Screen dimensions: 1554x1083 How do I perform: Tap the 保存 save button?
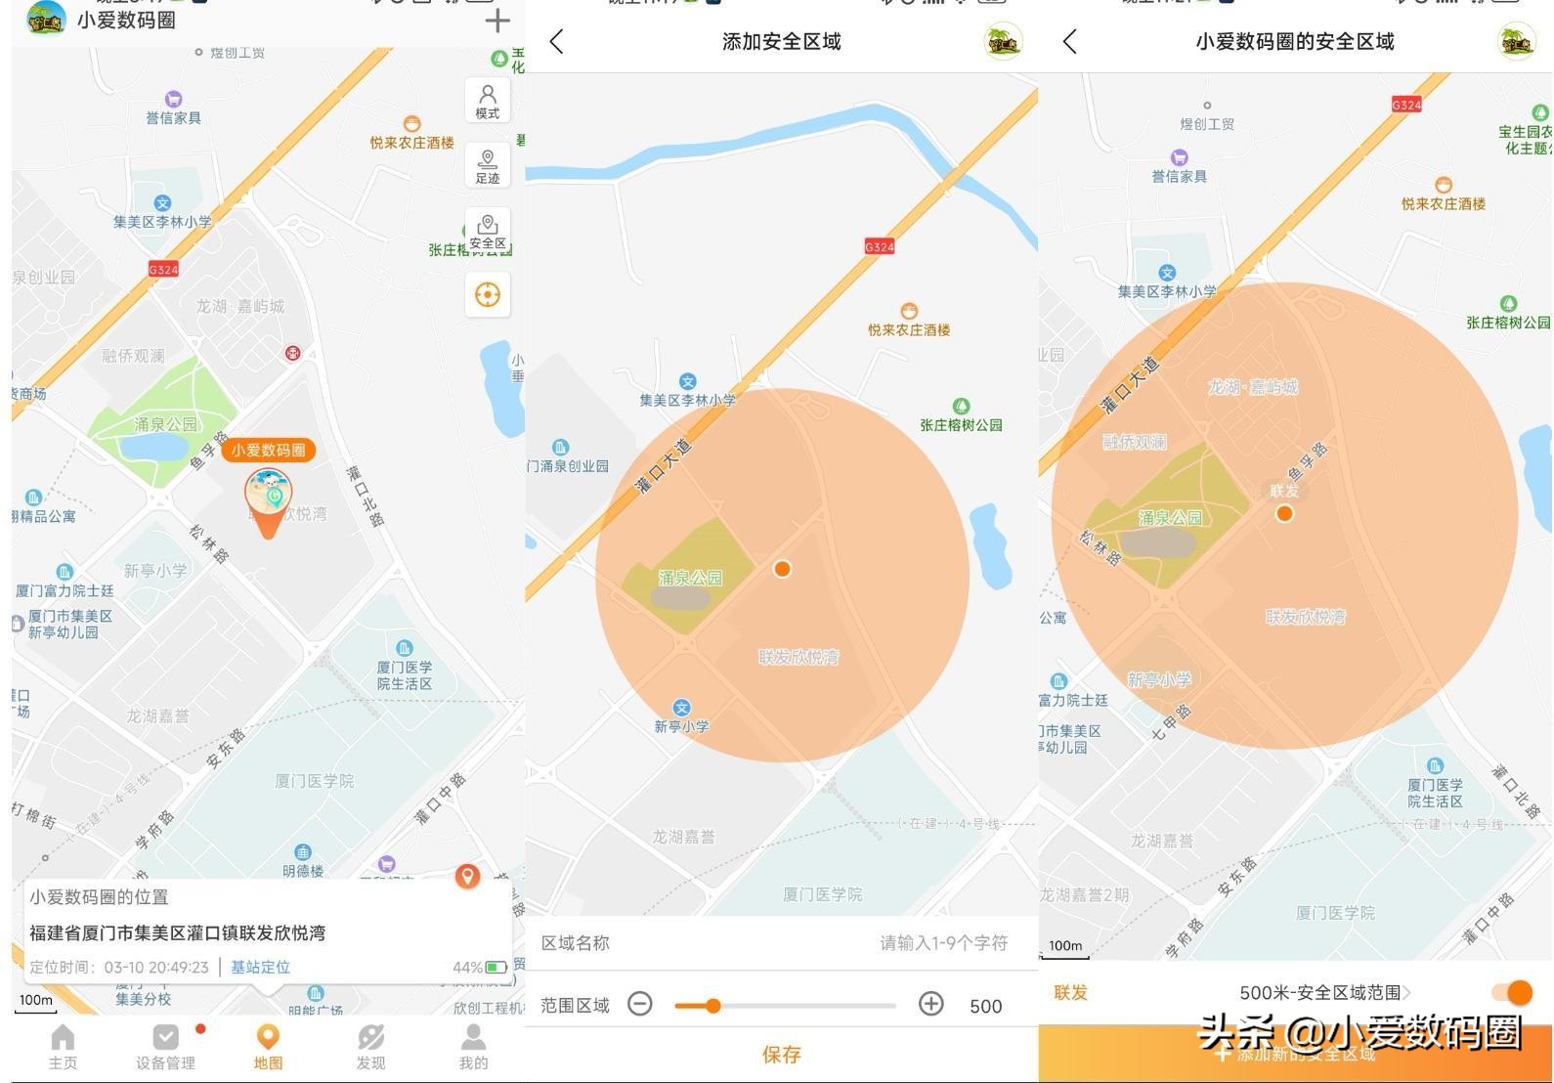point(781,1054)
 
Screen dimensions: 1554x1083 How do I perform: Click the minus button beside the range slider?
point(640,1004)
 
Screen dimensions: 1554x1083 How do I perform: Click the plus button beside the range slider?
point(930,1004)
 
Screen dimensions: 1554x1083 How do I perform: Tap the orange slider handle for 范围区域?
point(712,1005)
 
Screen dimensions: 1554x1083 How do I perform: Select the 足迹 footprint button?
point(488,164)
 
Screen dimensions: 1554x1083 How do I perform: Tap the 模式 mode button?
point(488,100)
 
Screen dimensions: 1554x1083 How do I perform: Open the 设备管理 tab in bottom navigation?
point(165,1046)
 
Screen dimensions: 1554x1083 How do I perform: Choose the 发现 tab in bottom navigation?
point(370,1046)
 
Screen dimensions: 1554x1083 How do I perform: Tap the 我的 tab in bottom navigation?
point(473,1046)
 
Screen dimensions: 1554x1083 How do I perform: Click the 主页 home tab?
point(63,1046)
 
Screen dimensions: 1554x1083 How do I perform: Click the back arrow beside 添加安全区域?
point(557,41)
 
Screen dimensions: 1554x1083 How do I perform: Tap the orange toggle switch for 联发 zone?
point(1512,992)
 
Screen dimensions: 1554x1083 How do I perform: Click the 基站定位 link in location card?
point(260,967)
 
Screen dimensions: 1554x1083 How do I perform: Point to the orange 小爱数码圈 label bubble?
point(269,450)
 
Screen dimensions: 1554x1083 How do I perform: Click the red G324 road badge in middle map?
point(879,246)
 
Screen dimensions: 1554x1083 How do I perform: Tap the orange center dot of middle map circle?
point(782,569)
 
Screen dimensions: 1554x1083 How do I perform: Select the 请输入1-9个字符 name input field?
point(942,942)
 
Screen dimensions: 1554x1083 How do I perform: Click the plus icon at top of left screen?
point(497,21)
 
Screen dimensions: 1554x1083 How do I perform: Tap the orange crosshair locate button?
point(488,294)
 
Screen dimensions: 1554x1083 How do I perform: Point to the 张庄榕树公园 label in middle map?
point(961,424)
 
